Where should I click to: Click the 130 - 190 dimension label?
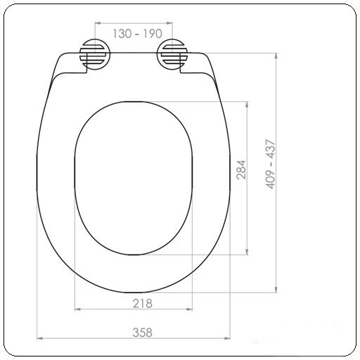[x=137, y=34]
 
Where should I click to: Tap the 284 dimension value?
[x=241, y=170]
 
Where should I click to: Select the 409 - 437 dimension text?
[x=270, y=164]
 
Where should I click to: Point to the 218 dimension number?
[x=143, y=304]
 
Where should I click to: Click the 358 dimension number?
[x=143, y=333]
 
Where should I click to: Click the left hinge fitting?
[x=95, y=54]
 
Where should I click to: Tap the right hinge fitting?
[x=172, y=54]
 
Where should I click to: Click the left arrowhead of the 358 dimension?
[x=39, y=338]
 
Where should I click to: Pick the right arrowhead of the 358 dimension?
[x=227, y=338]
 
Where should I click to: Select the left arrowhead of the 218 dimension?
[x=77, y=309]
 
